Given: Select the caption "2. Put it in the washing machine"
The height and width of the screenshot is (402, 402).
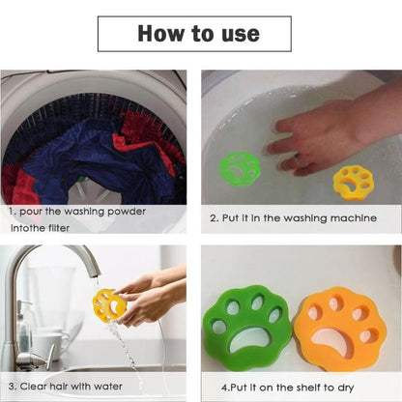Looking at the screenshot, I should coord(293,217).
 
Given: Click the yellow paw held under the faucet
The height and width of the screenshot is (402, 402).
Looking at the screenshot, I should coord(109,304).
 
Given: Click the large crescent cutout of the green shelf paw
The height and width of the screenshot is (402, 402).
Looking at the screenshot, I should coord(253,341).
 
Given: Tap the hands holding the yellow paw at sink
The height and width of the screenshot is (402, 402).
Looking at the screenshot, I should coord(145,295).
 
